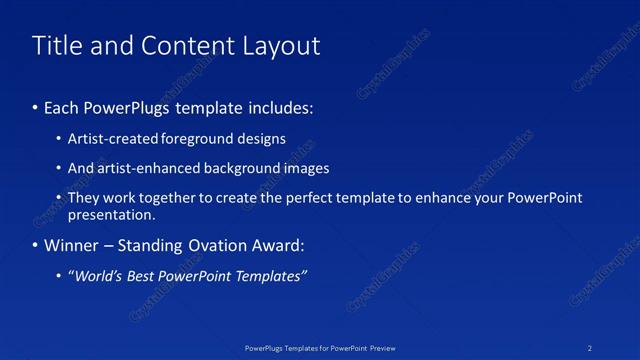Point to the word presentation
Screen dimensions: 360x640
(110, 214)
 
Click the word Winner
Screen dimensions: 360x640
(70, 245)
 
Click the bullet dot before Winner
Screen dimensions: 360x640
(35, 245)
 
